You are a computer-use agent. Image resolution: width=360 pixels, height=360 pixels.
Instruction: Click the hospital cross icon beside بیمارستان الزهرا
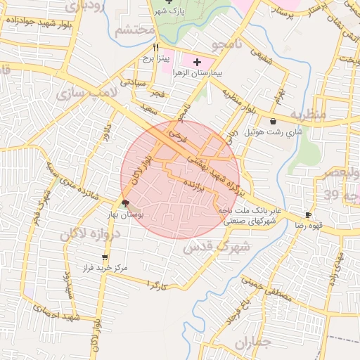pyautogui.click(x=197, y=63)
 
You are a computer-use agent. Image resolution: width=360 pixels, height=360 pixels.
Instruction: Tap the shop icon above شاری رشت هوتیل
pyautogui.click(x=273, y=122)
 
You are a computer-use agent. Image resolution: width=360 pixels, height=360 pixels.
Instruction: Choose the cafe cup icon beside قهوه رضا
pyautogui.click(x=308, y=214)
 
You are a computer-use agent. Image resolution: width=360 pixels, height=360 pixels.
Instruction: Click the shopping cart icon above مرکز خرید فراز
pyautogui.click(x=105, y=257)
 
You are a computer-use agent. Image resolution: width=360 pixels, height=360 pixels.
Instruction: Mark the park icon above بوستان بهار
pyautogui.click(x=125, y=203)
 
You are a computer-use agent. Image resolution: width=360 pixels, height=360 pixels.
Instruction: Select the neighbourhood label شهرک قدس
pyautogui.click(x=216, y=246)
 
